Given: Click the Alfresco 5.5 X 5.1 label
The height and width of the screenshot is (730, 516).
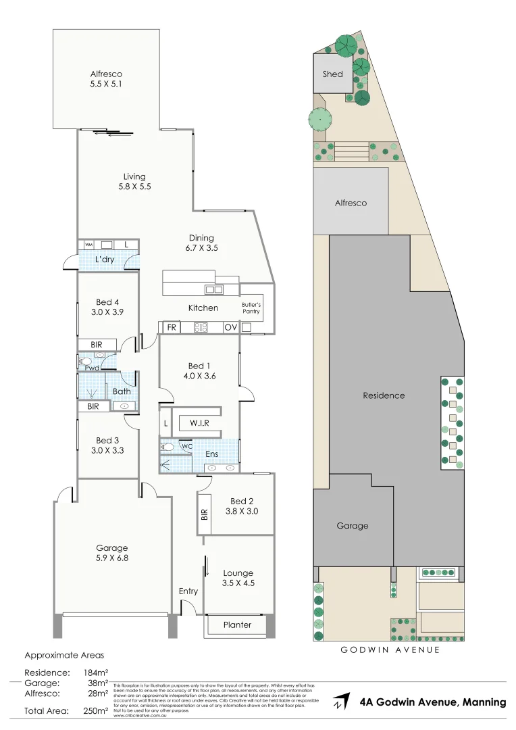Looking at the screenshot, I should click(x=107, y=79).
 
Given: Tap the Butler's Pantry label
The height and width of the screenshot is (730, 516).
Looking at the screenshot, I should click(x=251, y=308).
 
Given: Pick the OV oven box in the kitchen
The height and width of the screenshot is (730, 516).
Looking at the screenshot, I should click(x=230, y=327).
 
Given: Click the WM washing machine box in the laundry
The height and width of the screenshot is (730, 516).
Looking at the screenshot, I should click(x=88, y=244).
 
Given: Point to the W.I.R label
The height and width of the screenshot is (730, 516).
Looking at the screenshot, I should click(x=199, y=423).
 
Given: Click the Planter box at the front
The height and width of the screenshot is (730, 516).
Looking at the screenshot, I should click(x=237, y=625).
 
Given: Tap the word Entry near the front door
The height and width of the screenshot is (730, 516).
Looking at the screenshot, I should click(x=188, y=591).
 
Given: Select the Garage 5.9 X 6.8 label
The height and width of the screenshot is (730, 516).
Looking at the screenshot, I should click(x=112, y=553).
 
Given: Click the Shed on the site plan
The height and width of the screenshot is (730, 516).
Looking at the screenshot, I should click(x=333, y=74).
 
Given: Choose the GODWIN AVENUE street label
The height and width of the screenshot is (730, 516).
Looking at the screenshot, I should click(x=390, y=650).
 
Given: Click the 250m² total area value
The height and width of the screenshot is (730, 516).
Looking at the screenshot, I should click(x=95, y=710).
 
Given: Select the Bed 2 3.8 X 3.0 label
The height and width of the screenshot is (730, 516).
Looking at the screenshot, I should click(x=242, y=506).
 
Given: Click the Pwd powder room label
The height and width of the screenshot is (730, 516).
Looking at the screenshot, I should click(x=92, y=368).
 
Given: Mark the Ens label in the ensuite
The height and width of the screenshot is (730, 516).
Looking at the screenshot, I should click(x=211, y=454).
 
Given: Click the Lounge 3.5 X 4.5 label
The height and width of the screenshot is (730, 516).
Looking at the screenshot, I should click(x=238, y=578).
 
